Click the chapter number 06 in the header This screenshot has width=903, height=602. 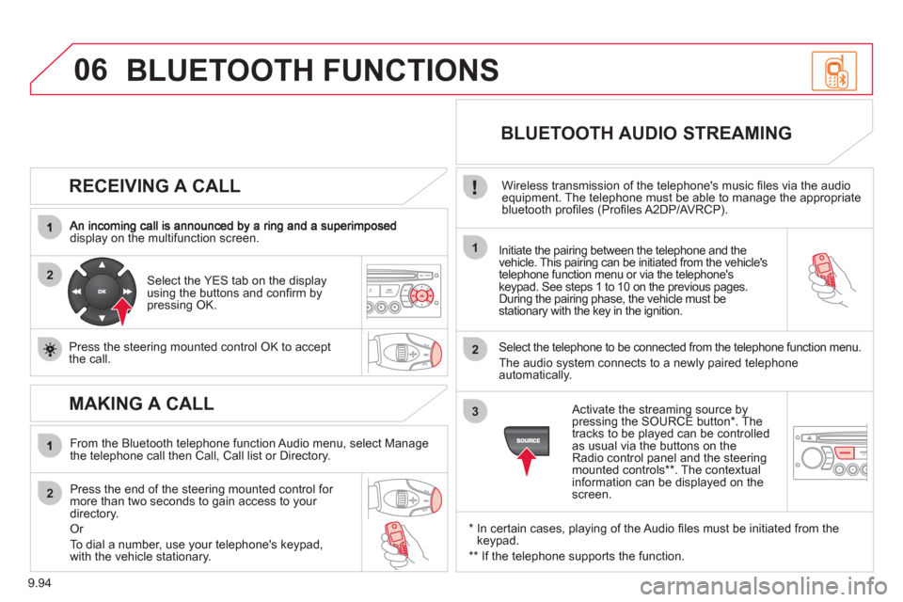[90, 71]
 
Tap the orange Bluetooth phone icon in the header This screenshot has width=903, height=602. [834, 71]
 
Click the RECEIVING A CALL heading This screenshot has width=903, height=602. [154, 186]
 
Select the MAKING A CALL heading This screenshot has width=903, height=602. [141, 404]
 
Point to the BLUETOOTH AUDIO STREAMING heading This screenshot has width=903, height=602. [646, 133]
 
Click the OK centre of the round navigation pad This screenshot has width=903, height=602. [102, 292]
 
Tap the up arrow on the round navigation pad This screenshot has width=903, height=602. [102, 265]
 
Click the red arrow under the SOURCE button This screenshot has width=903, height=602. [527, 461]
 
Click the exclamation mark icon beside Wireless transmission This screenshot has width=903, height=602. [474, 187]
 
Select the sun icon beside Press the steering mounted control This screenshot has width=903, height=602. [50, 349]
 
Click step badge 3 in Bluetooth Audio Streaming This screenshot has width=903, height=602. [475, 411]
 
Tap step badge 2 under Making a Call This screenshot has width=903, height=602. [50, 493]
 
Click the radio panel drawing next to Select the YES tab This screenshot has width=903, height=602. [404, 291]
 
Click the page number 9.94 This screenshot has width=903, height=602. [40, 583]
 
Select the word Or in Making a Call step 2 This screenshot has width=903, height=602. [76, 529]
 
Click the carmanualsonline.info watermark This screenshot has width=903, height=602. [764, 586]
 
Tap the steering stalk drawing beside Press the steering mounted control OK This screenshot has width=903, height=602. [405, 353]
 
